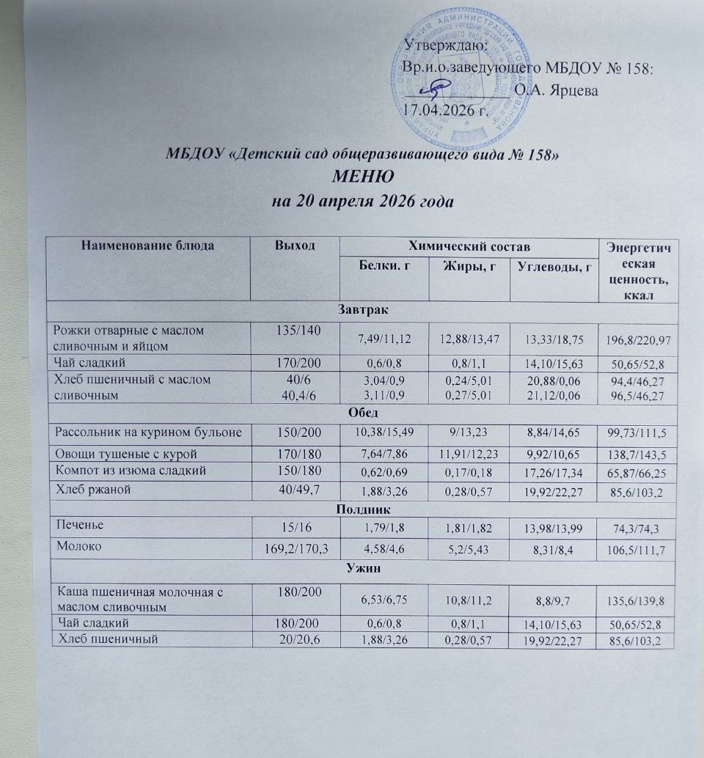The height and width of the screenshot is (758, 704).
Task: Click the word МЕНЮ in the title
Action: coord(364,177)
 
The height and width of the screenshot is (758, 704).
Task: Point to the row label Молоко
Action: coord(75,545)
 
